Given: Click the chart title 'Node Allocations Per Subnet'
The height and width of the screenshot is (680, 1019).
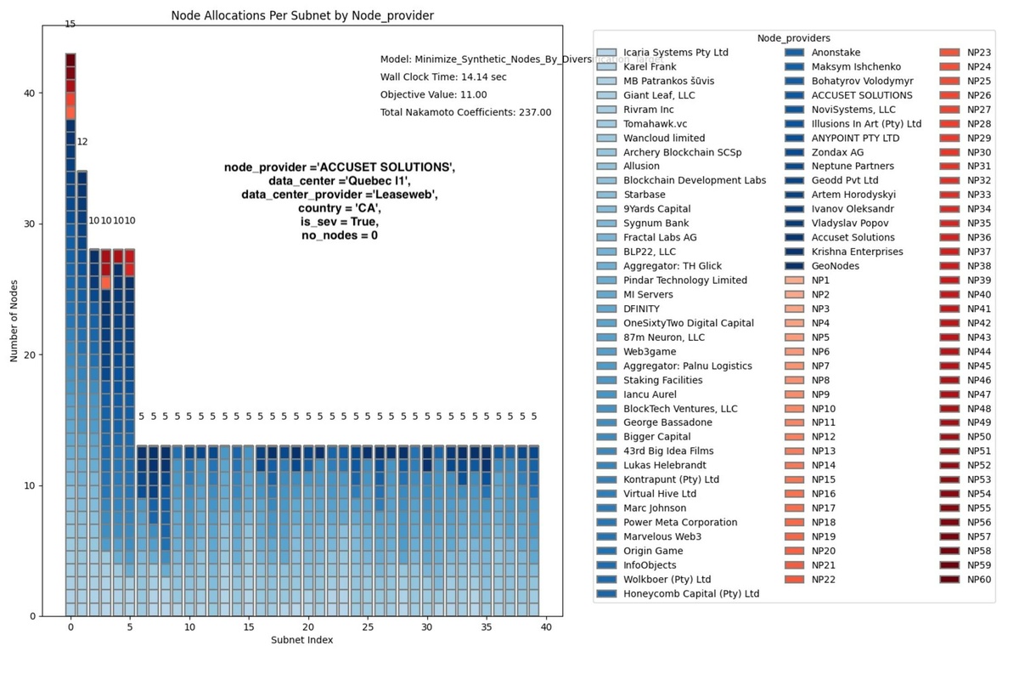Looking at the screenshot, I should [302, 15].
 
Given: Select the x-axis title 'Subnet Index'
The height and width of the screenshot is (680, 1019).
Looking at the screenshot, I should [301, 640].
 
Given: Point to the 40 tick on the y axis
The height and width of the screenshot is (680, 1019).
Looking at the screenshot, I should [30, 93].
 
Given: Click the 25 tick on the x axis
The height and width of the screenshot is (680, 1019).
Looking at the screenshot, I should [368, 626].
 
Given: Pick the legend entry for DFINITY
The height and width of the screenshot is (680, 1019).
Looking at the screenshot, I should [641, 309].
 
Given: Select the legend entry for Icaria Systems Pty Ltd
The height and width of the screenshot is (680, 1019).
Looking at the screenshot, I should [675, 53].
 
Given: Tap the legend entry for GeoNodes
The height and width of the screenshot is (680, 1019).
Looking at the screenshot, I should [835, 266].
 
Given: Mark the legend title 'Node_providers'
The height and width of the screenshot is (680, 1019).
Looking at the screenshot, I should [794, 38].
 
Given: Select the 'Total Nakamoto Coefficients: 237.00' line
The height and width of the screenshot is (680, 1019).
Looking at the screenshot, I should [465, 112].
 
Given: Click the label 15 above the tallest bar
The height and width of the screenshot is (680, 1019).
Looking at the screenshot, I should [70, 25].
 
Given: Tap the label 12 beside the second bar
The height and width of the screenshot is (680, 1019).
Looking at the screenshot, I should [82, 142].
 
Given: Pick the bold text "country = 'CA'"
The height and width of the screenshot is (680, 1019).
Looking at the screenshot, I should [339, 208].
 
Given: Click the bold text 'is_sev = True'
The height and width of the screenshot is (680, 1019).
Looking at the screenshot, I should [339, 222].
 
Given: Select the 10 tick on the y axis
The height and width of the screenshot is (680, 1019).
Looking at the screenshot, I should [30, 485].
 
